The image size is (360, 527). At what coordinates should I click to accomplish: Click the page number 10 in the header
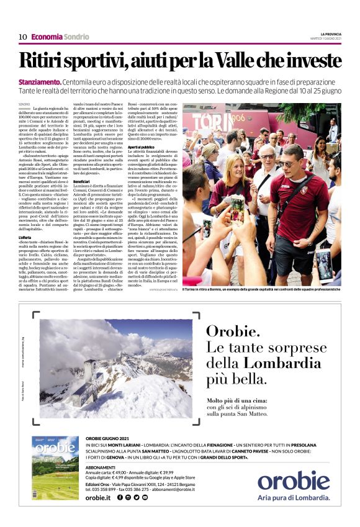pyautogui.click(x=22, y=37)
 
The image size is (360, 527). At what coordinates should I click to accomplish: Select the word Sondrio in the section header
pyautogui.click(x=76, y=37)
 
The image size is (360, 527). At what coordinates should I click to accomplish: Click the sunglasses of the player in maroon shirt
pyautogui.click(x=289, y=163)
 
